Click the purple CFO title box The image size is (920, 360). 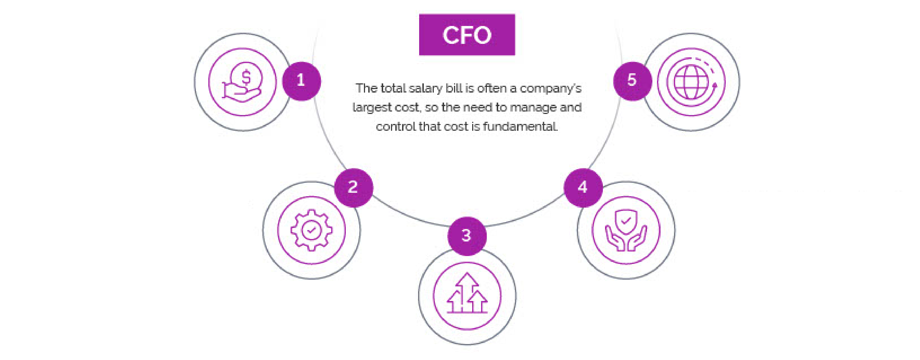pos(467,35)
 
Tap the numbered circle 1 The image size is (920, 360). pos(301,81)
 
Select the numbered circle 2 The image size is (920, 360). pos(353,187)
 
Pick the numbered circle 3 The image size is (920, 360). pos(466,236)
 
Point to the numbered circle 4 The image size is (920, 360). pos(583,187)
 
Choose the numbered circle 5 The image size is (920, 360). pos(632,81)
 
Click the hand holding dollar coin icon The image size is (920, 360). pos(242,82)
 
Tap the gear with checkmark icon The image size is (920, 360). pos(311,230)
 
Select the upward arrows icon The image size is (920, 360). pos(467,295)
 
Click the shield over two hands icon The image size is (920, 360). pos(626,230)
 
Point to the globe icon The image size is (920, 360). pos(691,82)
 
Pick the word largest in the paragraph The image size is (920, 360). pos(369,107)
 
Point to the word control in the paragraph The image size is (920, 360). pos(396,126)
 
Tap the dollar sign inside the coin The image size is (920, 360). pos(246,77)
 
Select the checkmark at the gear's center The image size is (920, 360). pos(311,230)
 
